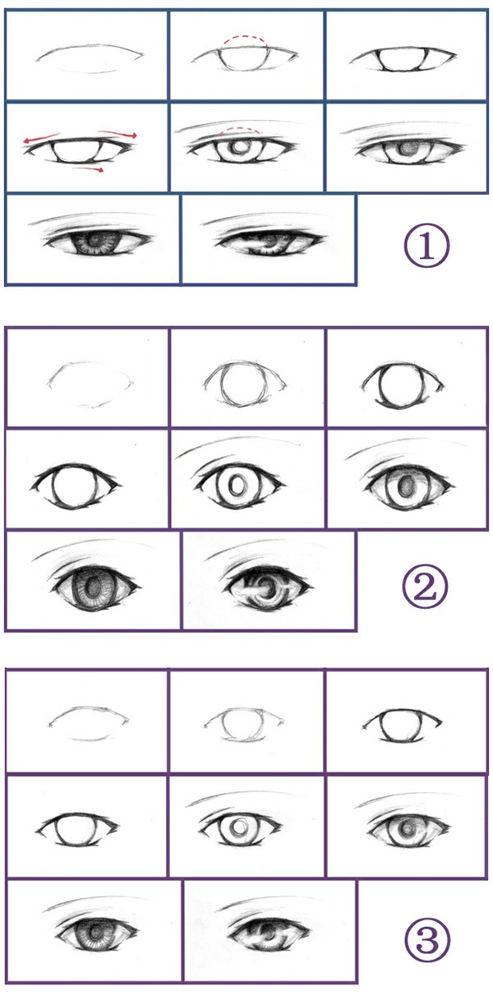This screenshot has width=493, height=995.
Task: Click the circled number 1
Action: coord(426,246)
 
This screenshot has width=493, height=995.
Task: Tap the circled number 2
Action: coord(425,587)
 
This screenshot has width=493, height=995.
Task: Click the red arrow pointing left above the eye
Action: coord(41,137)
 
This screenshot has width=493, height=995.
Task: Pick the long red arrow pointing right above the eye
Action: coord(117,133)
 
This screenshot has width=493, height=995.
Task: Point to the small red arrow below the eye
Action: coord(88,168)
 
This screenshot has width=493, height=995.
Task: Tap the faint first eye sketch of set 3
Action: coord(89,723)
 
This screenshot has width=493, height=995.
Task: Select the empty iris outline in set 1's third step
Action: coord(403,61)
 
